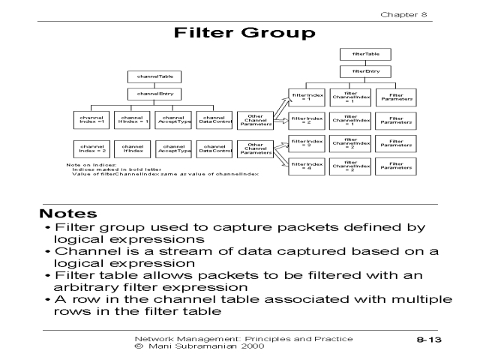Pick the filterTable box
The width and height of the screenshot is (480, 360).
[355, 54]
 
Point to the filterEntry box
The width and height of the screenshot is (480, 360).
[355, 72]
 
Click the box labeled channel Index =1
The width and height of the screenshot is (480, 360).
[92, 120]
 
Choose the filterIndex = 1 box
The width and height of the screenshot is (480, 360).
[307, 97]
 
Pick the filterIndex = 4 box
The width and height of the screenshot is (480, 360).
[307, 166]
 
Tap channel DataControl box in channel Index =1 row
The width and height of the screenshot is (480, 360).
[214, 120]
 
